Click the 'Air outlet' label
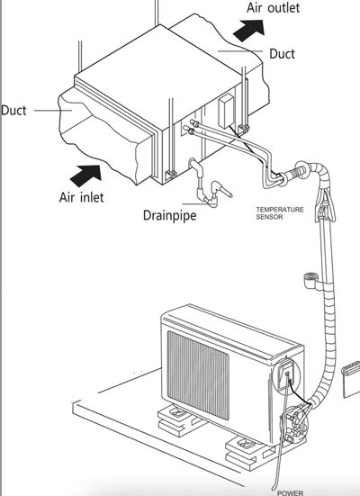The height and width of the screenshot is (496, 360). point(273,8)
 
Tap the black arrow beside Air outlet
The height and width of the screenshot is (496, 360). point(249,30)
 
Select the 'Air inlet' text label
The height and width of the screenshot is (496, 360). point(81,197)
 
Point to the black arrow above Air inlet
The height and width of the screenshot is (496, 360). point(85,176)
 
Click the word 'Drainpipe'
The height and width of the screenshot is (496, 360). point(169,216)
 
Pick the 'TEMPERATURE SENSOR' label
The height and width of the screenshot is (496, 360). point(280,213)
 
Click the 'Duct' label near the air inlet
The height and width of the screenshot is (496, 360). point(13,111)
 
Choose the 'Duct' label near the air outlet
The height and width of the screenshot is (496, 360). point(282,54)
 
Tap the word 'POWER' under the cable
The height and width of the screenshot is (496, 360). point(290,492)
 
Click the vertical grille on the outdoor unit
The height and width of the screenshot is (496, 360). point(198,374)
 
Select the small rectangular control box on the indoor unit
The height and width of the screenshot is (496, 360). point(227,112)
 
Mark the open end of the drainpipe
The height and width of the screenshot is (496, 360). point(230,195)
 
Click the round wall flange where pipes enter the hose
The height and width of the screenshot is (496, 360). point(301,171)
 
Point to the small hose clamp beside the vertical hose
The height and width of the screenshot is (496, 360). point(310,280)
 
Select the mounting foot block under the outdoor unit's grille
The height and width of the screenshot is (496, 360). point(176,419)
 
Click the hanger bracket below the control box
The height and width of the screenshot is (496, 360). point(244,129)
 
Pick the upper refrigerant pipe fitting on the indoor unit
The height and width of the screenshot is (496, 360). point(193,122)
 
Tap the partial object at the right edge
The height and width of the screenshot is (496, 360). point(351,379)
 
